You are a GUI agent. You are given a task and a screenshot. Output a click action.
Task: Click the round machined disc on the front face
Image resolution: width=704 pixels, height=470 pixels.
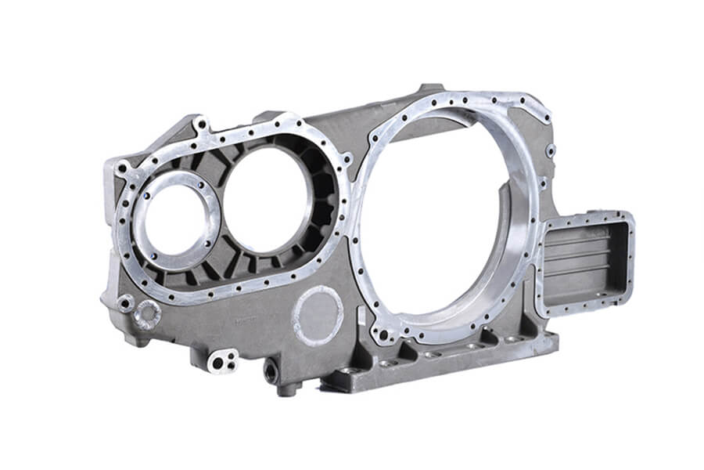[317, 316]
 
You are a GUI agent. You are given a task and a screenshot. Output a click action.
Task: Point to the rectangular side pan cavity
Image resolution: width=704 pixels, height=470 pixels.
[583, 262]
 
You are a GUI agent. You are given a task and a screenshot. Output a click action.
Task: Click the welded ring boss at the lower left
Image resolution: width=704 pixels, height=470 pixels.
[147, 314]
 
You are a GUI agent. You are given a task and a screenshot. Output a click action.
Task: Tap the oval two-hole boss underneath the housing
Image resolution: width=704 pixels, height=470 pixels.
[222, 360]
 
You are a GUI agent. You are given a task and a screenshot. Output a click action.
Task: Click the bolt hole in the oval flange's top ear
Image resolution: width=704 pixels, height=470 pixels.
[202, 124]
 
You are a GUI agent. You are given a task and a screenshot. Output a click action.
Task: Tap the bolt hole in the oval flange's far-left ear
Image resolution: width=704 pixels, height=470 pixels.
[123, 168]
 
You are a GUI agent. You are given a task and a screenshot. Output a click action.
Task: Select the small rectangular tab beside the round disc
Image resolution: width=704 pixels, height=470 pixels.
[361, 317]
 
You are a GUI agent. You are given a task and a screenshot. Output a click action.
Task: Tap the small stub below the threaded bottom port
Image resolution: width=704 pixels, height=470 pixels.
[287, 389]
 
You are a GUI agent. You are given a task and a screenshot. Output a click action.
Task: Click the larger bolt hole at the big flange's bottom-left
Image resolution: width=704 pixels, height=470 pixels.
[383, 334]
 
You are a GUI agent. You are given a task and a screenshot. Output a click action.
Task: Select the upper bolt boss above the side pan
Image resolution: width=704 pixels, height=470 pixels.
[551, 150]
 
